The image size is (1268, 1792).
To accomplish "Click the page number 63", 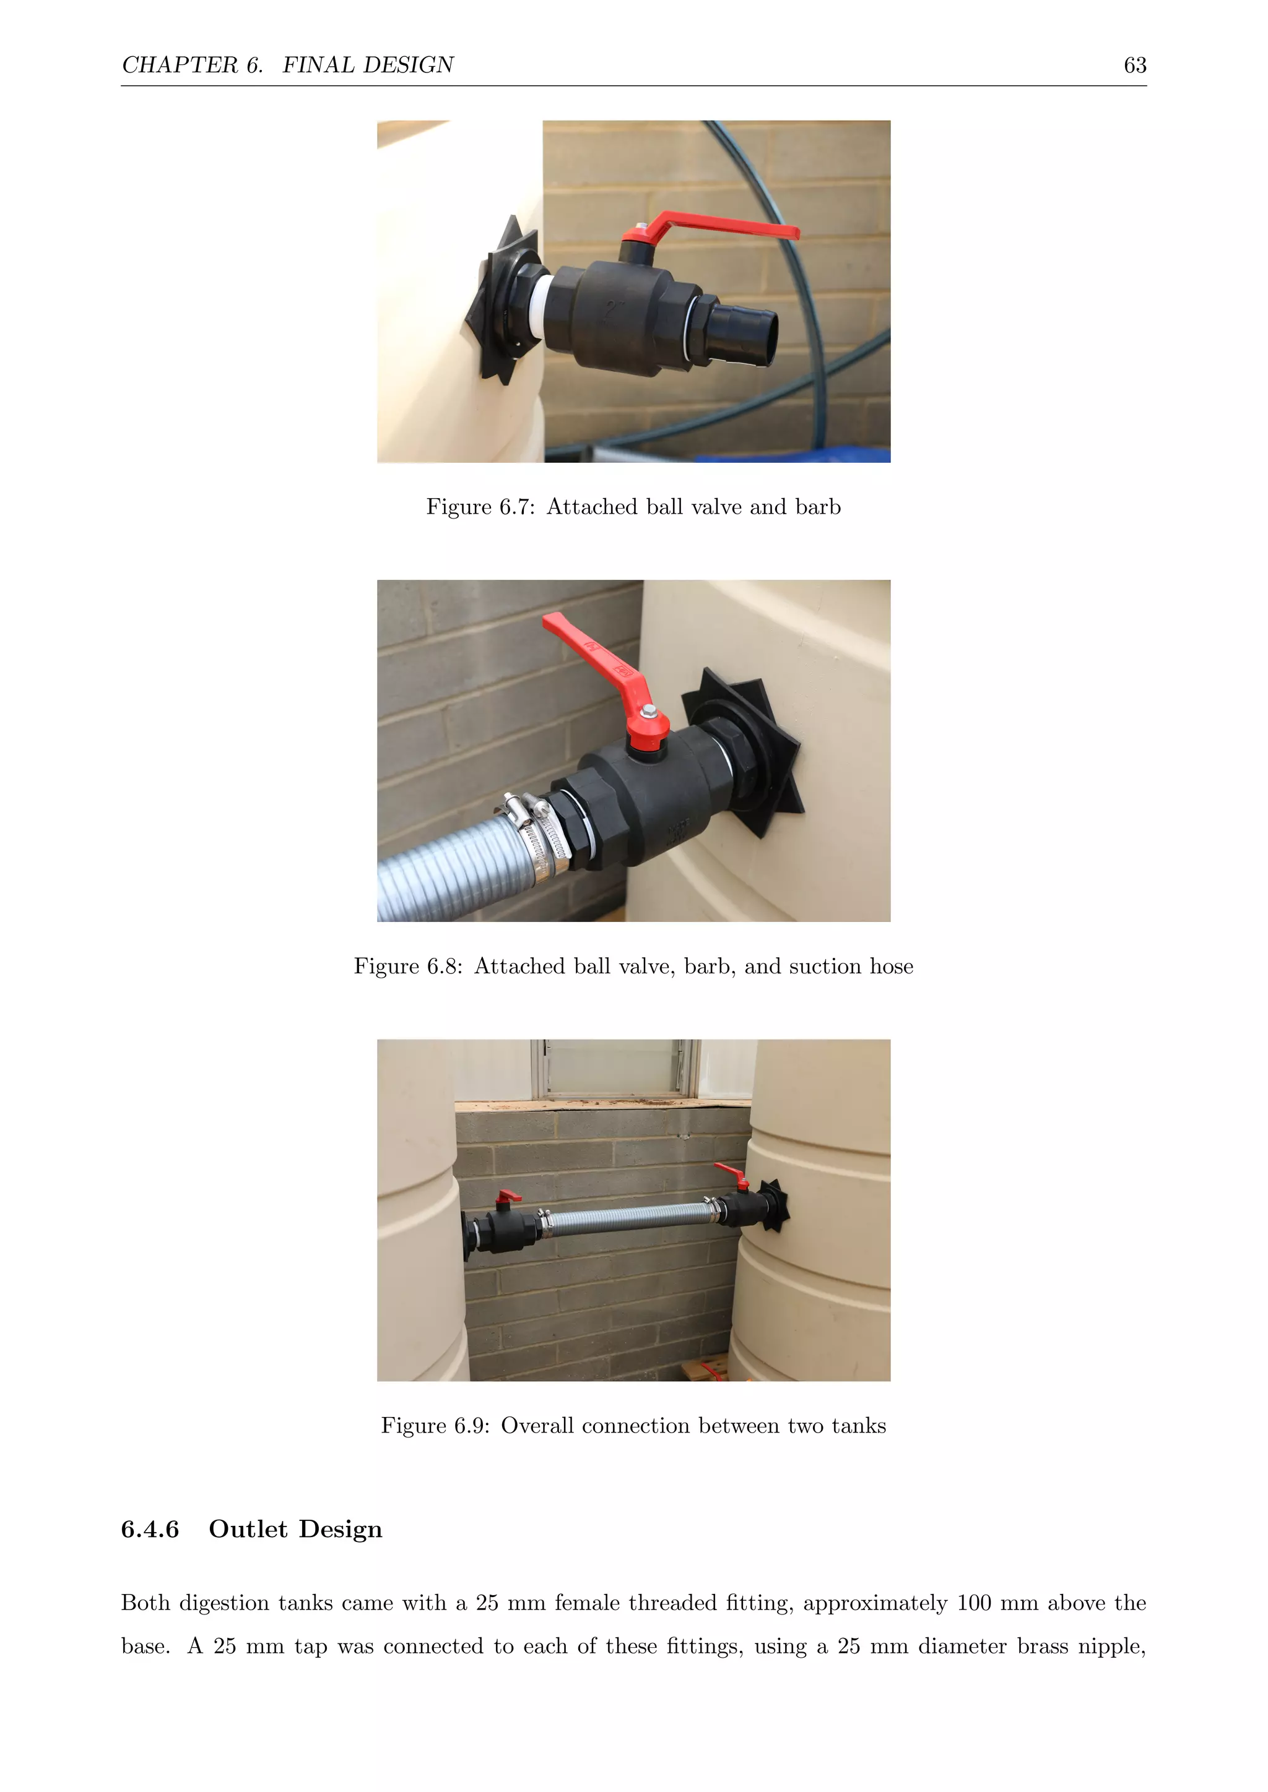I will click(1134, 65).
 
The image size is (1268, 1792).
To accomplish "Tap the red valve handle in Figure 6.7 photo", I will click(718, 227).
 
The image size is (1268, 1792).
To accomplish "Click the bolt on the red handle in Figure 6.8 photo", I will click(649, 712).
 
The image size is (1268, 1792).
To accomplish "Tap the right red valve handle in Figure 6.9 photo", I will click(732, 1173).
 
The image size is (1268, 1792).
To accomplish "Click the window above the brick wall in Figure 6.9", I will click(614, 1066).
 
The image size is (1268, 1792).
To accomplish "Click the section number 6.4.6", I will click(150, 1529).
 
